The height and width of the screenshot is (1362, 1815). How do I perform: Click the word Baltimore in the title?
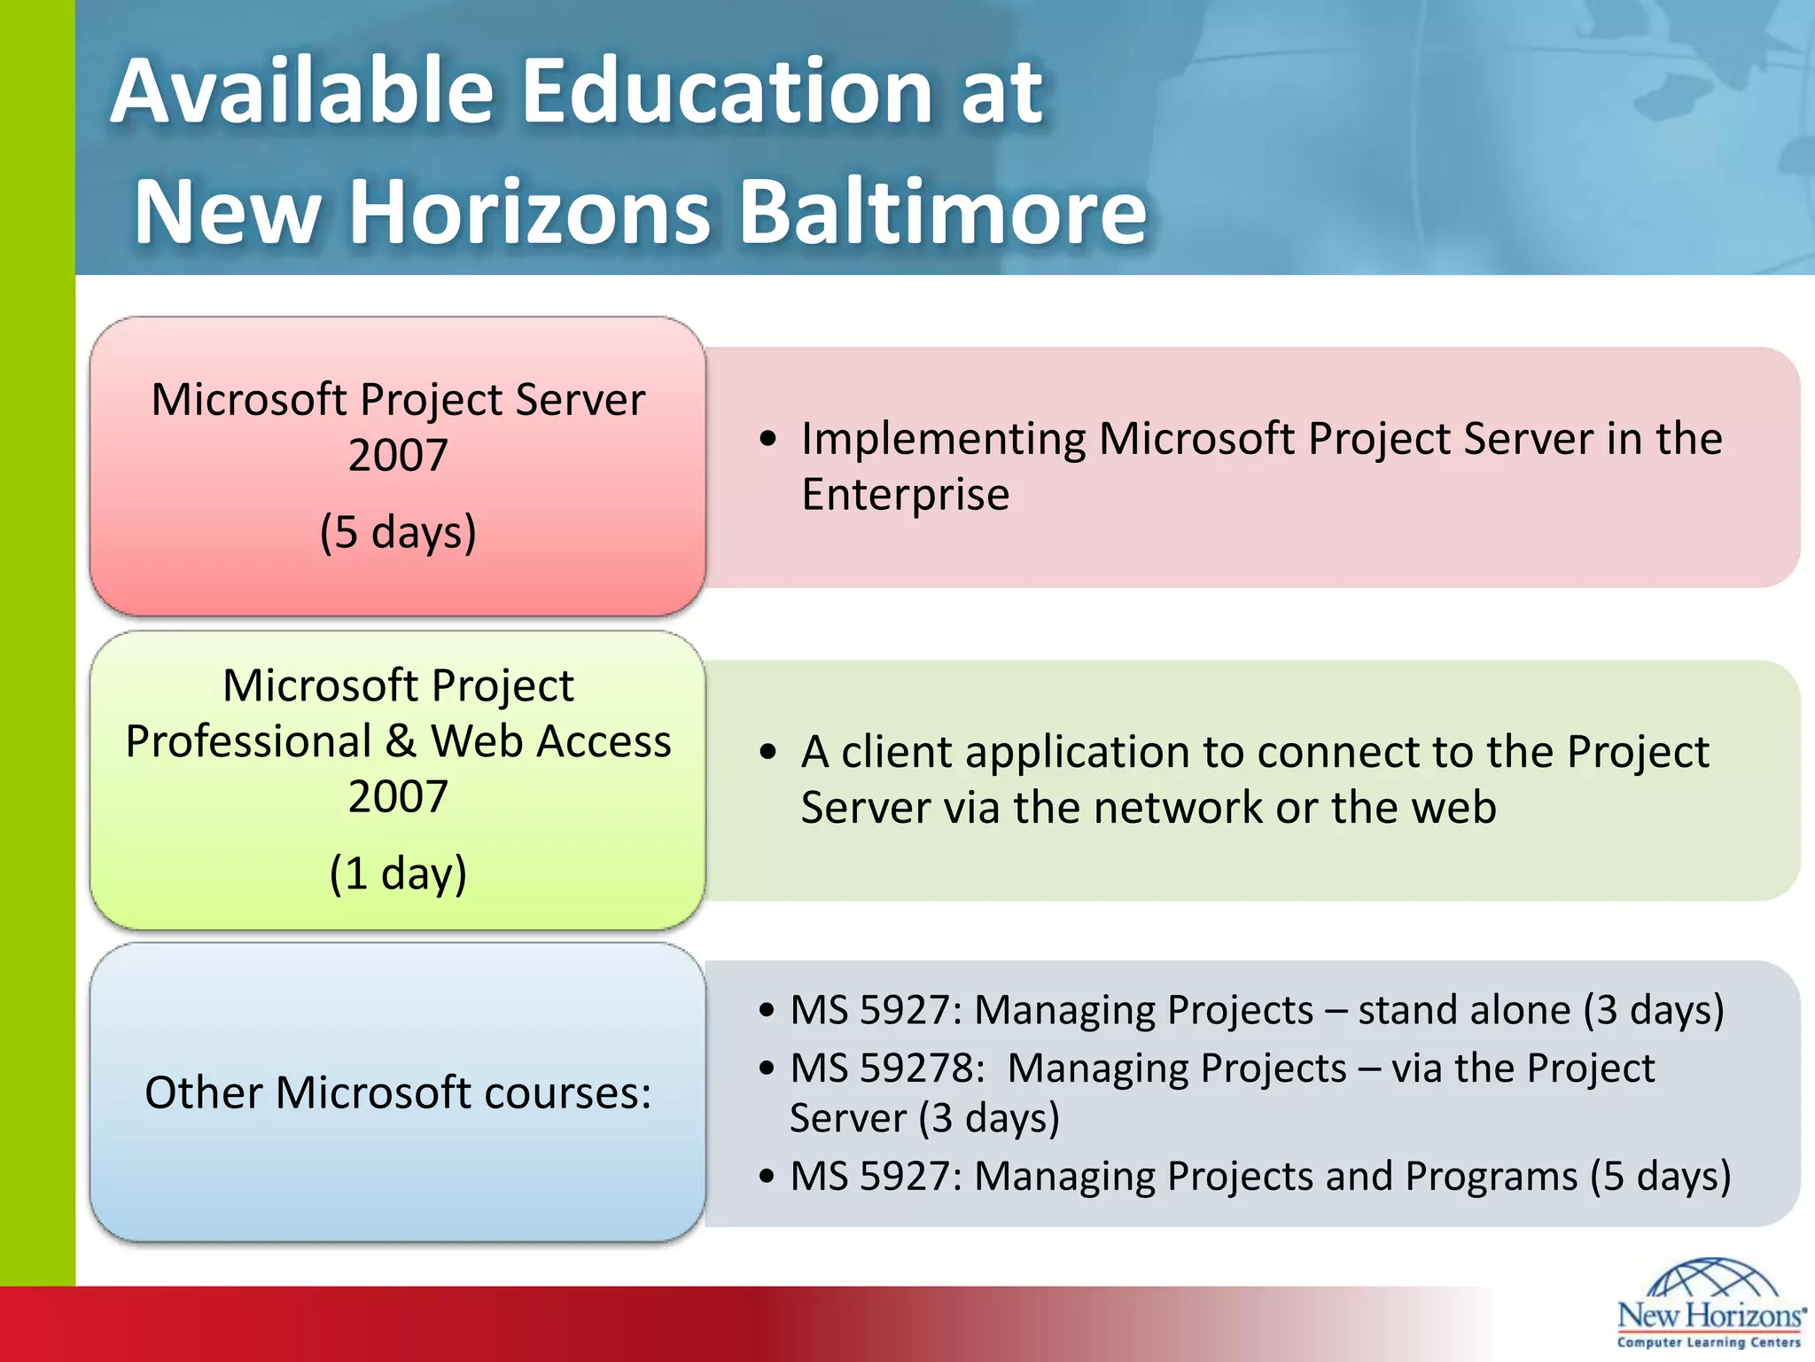(943, 212)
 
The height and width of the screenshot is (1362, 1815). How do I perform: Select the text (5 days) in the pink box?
(398, 532)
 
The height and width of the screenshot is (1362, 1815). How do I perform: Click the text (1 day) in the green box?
(398, 873)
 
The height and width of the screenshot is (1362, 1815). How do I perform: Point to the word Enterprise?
(905, 495)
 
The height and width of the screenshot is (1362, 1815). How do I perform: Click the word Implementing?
(943, 439)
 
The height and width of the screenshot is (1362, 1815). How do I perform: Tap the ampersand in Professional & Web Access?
(401, 741)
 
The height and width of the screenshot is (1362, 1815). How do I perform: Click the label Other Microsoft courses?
(398, 1092)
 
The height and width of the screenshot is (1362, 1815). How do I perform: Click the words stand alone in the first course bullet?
(1464, 1011)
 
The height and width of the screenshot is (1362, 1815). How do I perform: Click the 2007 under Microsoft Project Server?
(398, 456)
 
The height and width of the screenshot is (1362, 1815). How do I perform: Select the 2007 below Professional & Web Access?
(398, 796)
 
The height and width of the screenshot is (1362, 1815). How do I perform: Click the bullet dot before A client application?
(768, 753)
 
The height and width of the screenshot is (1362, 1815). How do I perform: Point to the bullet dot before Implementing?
(768, 439)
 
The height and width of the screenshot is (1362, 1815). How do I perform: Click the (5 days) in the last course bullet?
(1660, 1177)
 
